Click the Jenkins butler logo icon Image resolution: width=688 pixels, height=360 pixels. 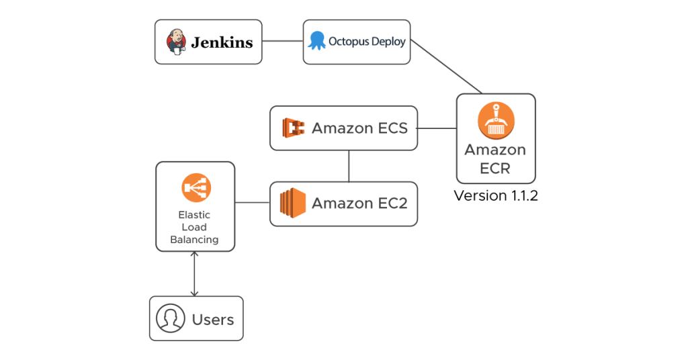[x=177, y=42]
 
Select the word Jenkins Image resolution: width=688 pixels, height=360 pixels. [x=222, y=43]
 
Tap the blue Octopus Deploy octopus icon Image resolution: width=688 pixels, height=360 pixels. [x=316, y=41]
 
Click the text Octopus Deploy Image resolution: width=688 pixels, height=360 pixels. [x=367, y=42]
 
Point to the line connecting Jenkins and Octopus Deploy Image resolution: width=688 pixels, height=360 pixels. [x=282, y=42]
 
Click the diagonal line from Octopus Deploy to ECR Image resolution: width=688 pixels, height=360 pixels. [x=447, y=67]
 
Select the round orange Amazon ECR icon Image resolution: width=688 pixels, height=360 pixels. [x=496, y=121]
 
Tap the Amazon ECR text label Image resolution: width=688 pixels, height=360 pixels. [x=495, y=159]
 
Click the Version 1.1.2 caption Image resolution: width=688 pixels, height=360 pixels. [x=496, y=195]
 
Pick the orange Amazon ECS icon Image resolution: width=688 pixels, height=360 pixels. [x=294, y=128]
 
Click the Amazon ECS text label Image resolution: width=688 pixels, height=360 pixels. [x=359, y=128]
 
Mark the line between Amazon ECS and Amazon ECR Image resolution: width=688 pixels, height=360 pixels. [x=437, y=128]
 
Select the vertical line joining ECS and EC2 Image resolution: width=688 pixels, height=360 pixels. [x=349, y=166]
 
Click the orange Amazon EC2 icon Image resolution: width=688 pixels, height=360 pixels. [x=293, y=203]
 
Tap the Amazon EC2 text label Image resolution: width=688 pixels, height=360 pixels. [x=359, y=203]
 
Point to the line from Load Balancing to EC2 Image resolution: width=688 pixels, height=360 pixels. [x=253, y=202]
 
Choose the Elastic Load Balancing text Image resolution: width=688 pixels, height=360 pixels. [x=194, y=227]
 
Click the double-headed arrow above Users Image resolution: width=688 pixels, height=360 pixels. [x=195, y=274]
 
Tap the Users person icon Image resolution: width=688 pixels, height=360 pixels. [x=171, y=318]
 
